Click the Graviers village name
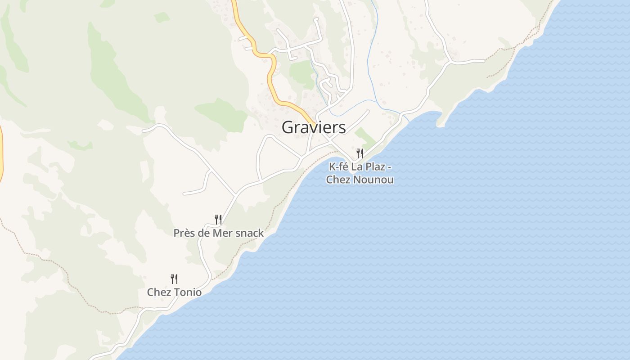[314, 127]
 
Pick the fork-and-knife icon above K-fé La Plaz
[360, 153]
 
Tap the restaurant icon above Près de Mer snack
[218, 220]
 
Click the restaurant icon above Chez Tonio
[174, 279]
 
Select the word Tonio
[188, 292]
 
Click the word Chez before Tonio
[159, 292]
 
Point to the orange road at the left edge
[1, 153]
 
